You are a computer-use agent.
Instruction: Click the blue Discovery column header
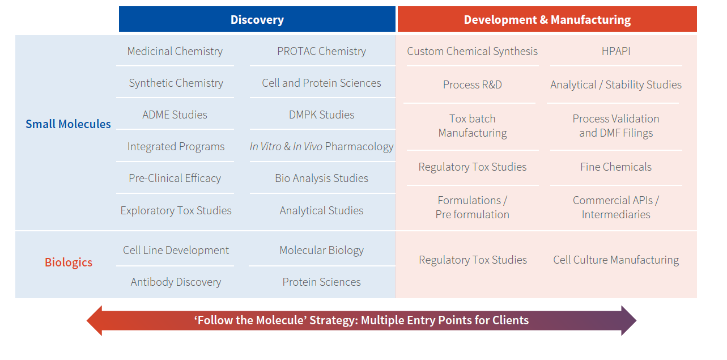[x=257, y=20]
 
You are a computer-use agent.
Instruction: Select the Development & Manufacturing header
[x=547, y=20]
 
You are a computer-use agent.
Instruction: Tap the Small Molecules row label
[x=68, y=124]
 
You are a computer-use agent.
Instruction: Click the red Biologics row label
[x=69, y=262]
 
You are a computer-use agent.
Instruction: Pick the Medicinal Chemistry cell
[x=175, y=52]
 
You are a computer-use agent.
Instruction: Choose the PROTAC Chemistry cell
[x=321, y=52]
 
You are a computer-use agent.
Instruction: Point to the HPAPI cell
[x=615, y=52]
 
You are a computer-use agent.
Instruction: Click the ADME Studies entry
[x=175, y=115]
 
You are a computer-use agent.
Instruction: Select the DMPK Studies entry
[x=321, y=115]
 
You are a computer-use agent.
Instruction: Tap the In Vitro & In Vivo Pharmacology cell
[x=321, y=147]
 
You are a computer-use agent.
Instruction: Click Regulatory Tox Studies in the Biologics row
[x=473, y=260]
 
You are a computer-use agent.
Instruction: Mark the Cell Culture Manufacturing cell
[x=615, y=260]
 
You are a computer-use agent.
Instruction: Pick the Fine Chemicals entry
[x=615, y=167]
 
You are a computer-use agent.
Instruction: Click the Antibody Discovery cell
[x=176, y=282]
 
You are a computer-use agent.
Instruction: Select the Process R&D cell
[x=472, y=85]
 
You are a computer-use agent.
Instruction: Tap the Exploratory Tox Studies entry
[x=176, y=211]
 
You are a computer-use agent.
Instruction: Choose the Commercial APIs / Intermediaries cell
[x=615, y=207]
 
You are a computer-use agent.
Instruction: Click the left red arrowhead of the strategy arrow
[x=95, y=321]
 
